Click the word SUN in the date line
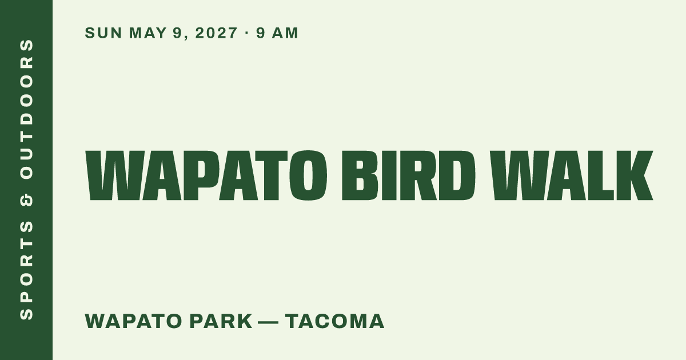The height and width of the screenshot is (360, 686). (x=103, y=33)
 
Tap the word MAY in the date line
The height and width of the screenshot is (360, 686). (x=147, y=33)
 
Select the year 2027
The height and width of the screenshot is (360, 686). (x=216, y=33)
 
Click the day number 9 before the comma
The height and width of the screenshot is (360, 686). (x=177, y=33)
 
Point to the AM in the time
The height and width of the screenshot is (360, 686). (x=285, y=33)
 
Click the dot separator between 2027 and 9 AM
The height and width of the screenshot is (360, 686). (x=247, y=33)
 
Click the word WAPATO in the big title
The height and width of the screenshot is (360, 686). (x=206, y=175)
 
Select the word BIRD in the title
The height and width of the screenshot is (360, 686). (x=409, y=175)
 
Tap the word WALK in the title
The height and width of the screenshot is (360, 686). (x=571, y=175)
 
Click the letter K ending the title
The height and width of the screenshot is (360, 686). (x=634, y=175)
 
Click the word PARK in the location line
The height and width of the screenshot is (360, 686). (x=221, y=321)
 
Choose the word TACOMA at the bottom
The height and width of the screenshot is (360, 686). (x=335, y=321)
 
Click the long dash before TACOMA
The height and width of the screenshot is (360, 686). (x=268, y=322)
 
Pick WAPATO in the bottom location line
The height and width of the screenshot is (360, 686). (x=134, y=321)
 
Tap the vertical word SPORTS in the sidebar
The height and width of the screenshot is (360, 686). (x=26, y=270)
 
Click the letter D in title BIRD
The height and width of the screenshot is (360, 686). (x=457, y=175)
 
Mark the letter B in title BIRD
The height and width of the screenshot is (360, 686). (x=360, y=175)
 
